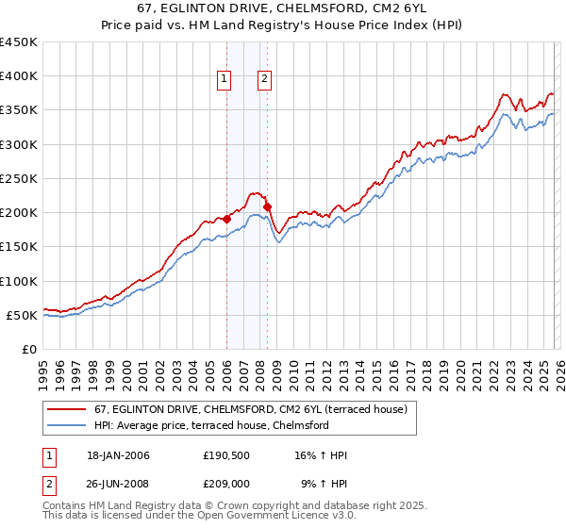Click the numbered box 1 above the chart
(x=225, y=80)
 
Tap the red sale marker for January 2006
(x=226, y=219)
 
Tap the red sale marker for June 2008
(x=267, y=206)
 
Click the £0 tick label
(x=29, y=349)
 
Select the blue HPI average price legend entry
(x=210, y=425)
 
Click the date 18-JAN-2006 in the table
(x=118, y=455)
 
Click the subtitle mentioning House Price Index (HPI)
(x=283, y=27)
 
